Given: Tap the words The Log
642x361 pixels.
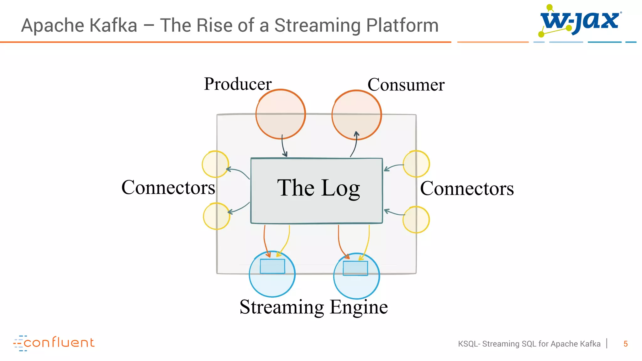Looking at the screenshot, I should [318, 188].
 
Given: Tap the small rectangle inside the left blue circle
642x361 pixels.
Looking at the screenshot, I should [272, 266].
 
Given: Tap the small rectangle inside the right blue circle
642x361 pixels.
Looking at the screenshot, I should [355, 268].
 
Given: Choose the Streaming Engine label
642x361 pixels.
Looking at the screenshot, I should [314, 307].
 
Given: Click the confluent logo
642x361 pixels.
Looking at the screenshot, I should [54, 343].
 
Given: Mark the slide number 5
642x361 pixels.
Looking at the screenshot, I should [625, 344].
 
